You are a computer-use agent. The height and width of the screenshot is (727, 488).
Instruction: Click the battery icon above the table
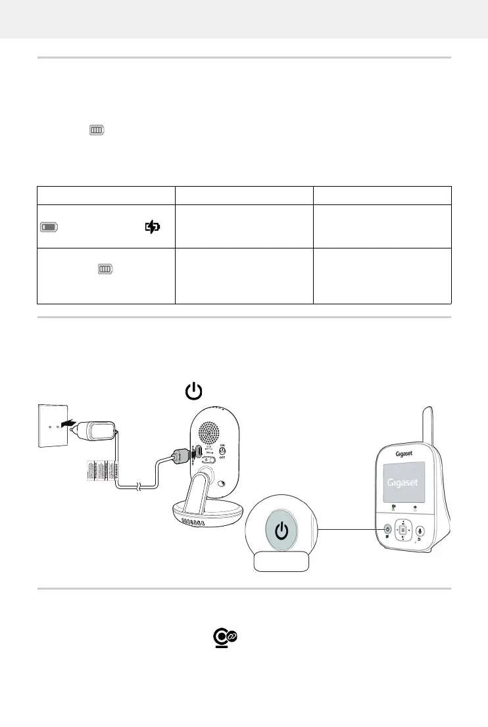[97, 131]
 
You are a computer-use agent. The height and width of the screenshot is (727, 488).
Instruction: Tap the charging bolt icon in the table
[152, 227]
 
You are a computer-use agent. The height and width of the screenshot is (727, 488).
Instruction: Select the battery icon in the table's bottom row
[105, 269]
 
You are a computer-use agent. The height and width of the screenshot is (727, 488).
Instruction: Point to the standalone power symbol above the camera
[193, 392]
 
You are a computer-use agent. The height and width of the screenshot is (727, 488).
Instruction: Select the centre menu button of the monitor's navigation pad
[403, 530]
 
